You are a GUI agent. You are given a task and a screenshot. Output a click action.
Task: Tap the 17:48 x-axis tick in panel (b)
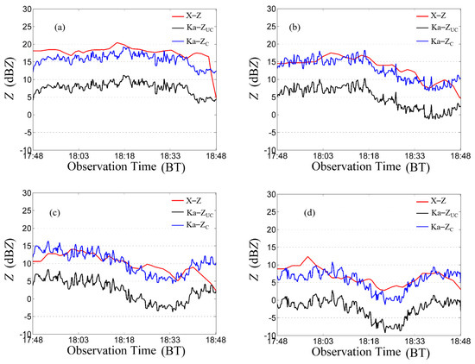pyautogui.click(x=276, y=156)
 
